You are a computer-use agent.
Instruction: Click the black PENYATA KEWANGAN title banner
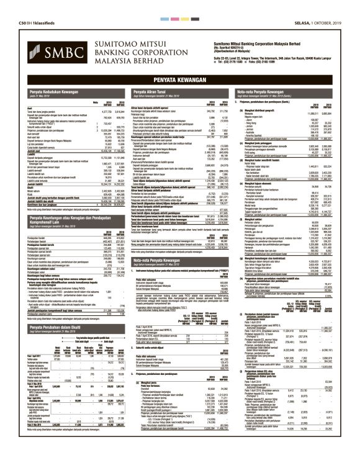[x=179, y=80]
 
